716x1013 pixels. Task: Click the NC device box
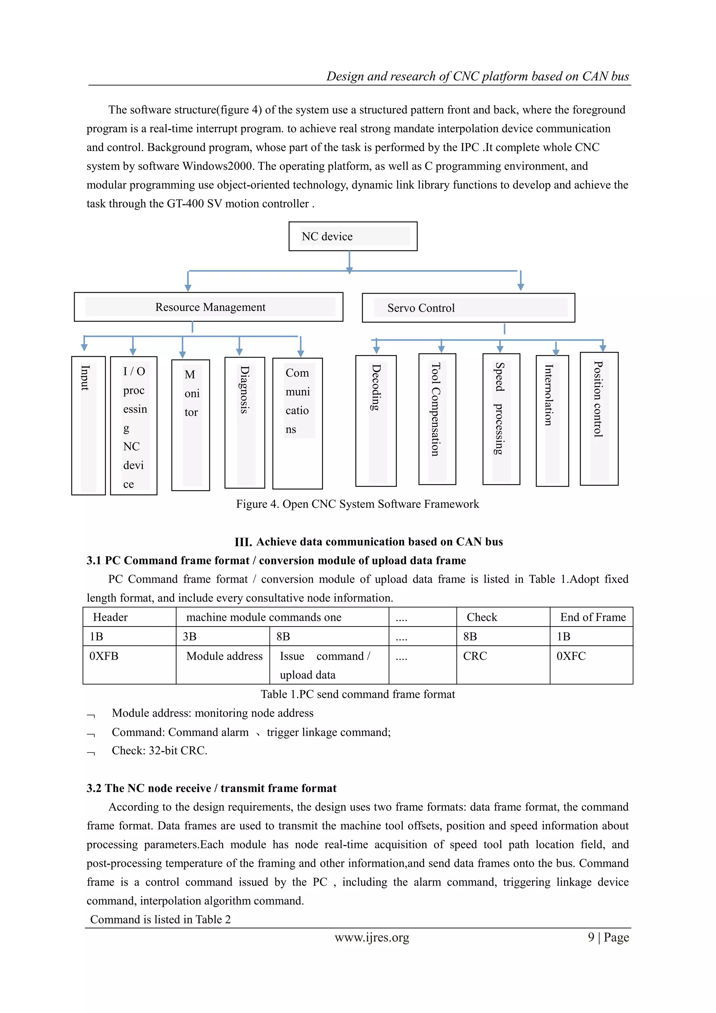tap(353, 236)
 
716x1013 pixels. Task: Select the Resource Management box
tap(208, 307)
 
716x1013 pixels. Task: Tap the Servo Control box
tap(468, 308)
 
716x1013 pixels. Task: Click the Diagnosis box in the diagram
tap(245, 423)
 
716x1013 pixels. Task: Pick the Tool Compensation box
tap(437, 419)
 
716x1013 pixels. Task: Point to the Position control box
tap(599, 419)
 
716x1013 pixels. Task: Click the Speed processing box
tap(501, 419)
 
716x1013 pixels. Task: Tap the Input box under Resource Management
tap(88, 425)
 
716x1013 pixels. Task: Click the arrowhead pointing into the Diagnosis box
tap(239, 352)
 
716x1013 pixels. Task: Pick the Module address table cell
tap(224, 656)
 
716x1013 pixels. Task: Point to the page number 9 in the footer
tap(591, 937)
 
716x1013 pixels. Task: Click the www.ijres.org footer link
tap(372, 937)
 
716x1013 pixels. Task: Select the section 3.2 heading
tap(211, 788)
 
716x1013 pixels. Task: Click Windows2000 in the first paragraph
tap(218, 167)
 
